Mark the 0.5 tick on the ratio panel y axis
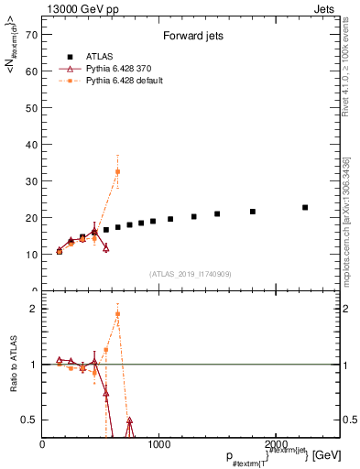click(x=30, y=420)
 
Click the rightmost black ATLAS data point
click(x=305, y=208)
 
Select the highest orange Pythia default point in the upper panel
click(x=117, y=172)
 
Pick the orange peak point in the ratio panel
click(x=117, y=314)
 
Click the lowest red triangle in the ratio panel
click(x=129, y=421)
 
